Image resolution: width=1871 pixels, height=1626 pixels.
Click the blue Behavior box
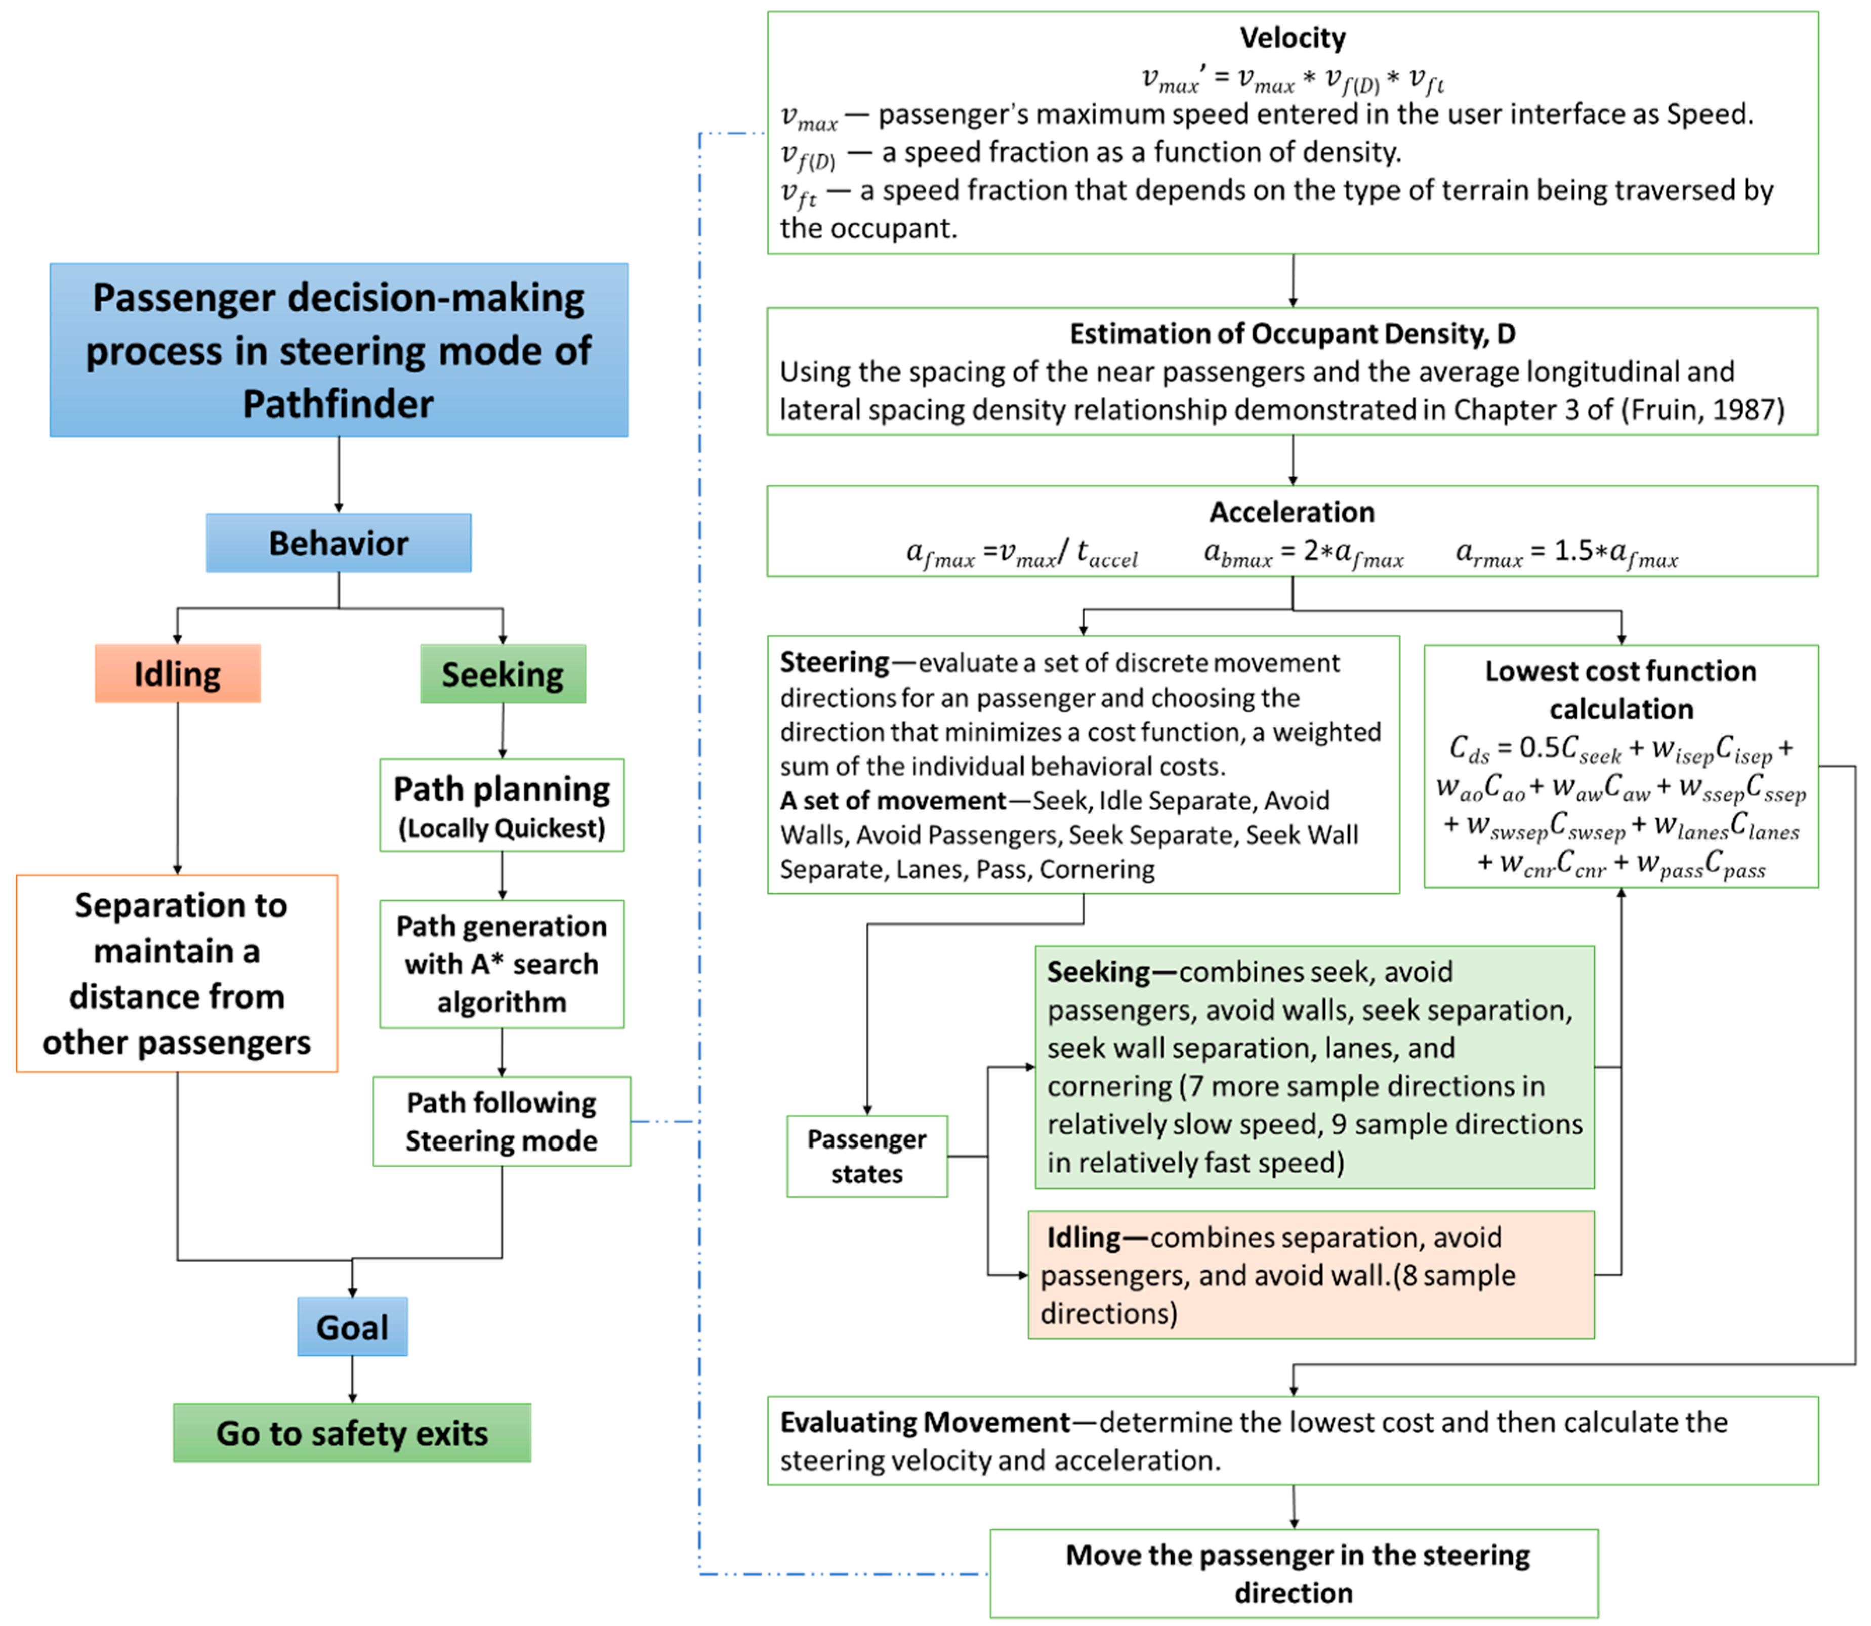tap(339, 543)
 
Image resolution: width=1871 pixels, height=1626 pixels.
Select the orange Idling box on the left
tap(178, 673)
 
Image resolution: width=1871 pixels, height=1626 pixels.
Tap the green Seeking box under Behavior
tap(503, 673)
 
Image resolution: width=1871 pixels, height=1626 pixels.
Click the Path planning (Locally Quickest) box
tap(502, 805)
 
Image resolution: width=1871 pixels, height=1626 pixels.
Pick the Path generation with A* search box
tap(502, 964)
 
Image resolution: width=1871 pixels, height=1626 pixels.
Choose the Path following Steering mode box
tap(502, 1121)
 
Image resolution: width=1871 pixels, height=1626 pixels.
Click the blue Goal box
tap(352, 1326)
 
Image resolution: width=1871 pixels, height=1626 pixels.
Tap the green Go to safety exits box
tap(352, 1433)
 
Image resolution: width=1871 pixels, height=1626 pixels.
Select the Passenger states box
tap(866, 1156)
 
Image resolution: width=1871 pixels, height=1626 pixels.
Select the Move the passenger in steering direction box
tap(1294, 1573)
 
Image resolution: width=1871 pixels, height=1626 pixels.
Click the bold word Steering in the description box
tap(834, 662)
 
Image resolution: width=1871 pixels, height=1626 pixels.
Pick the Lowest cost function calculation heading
tap(1620, 690)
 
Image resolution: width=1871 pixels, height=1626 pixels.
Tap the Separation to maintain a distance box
tap(177, 974)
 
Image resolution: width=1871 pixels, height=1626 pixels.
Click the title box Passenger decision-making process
tap(339, 350)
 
